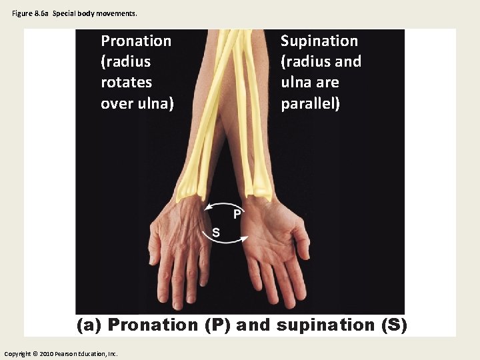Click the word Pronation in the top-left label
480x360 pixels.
(x=135, y=41)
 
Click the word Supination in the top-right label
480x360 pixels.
(x=319, y=41)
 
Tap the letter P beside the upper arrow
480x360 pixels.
(x=237, y=214)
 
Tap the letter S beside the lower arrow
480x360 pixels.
(x=215, y=232)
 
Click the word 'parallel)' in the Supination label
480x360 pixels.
(x=310, y=104)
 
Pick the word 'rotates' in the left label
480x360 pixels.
(x=126, y=83)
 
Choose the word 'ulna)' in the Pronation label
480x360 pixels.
(x=156, y=104)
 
